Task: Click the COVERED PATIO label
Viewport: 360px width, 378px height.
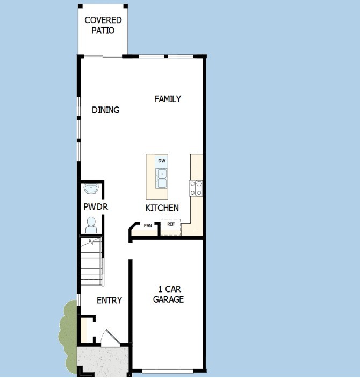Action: (x=103, y=25)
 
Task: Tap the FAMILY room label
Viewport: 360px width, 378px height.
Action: (x=168, y=99)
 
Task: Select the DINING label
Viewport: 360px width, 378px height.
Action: (x=105, y=110)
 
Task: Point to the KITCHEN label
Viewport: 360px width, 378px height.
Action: (x=162, y=208)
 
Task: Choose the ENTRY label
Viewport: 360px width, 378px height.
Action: (x=109, y=300)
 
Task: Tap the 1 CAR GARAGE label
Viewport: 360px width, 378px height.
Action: (x=168, y=295)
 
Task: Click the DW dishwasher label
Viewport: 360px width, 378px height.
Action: (x=162, y=161)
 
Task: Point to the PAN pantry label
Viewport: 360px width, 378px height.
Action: (x=148, y=226)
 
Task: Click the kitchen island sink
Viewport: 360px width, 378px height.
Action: (x=161, y=175)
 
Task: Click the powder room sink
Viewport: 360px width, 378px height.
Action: (x=91, y=189)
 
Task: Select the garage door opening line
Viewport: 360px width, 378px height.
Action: (x=168, y=370)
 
